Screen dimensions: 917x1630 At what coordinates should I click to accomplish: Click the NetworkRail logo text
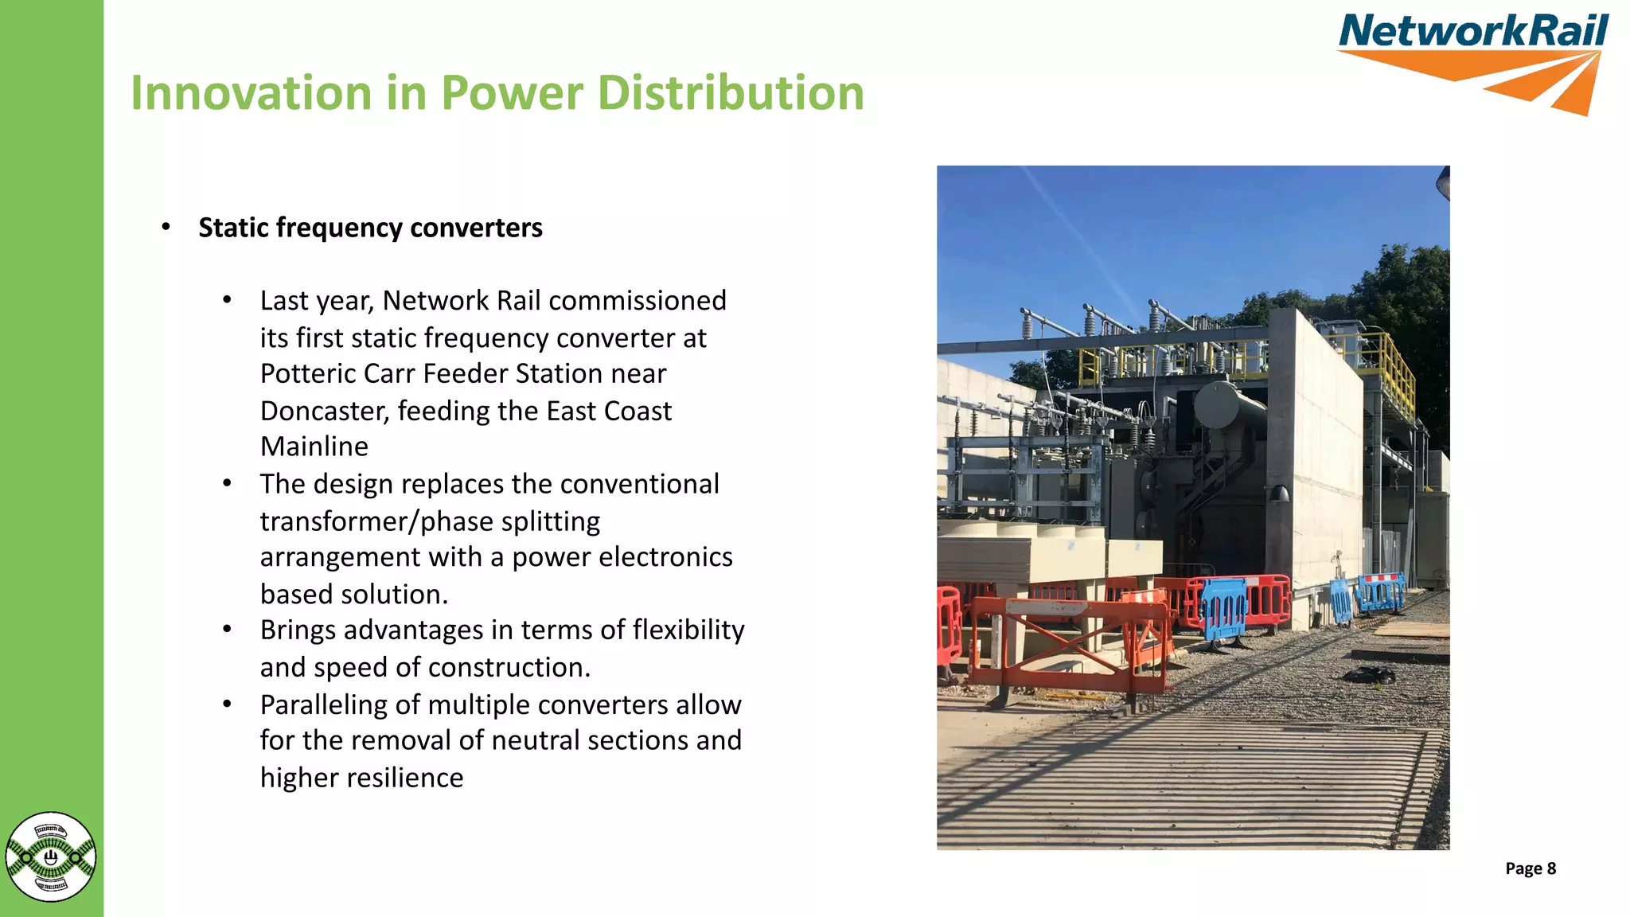tap(1472, 30)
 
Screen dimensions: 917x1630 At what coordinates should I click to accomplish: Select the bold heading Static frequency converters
tap(370, 228)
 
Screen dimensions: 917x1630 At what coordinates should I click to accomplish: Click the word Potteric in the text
tap(307, 373)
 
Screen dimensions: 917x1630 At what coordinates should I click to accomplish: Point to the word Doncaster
tap(325, 411)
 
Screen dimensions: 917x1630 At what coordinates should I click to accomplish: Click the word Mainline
tap(314, 447)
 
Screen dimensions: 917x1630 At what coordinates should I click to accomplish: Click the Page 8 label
tap(1530, 868)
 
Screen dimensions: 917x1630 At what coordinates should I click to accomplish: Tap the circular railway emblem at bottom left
tap(51, 857)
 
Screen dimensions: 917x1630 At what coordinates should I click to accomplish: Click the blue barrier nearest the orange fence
tap(1224, 608)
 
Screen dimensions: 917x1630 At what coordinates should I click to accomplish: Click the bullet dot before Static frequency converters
tap(166, 228)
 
